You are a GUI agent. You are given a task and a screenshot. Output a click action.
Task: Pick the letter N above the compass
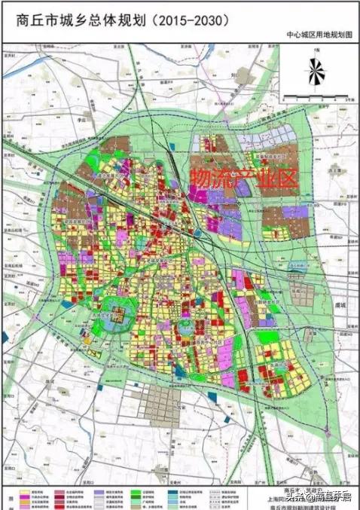317,50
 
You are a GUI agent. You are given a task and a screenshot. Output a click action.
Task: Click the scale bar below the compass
316,96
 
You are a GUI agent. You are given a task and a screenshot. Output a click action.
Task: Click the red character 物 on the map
199,178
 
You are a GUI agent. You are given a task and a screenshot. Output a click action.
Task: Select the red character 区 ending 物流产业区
289,178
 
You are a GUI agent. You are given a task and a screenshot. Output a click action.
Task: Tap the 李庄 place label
82,119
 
